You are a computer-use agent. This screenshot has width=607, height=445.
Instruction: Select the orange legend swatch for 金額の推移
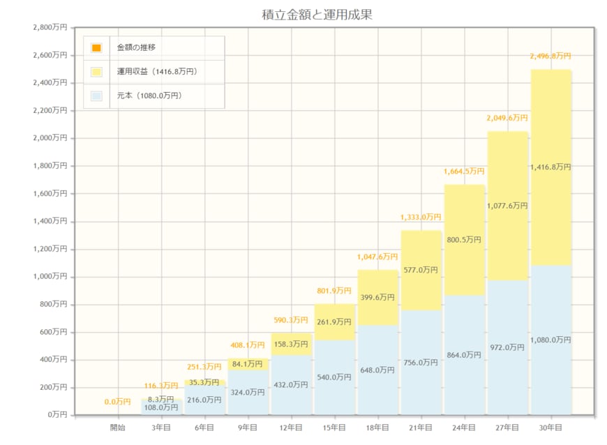coord(96,48)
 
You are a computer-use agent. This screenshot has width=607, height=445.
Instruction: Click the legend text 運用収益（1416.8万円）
coord(157,72)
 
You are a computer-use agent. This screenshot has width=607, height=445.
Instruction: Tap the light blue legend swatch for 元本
coord(96,96)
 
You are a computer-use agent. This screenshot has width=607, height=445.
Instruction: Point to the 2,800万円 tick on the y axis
coord(50,28)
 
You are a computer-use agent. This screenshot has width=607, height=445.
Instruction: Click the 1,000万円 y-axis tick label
coord(50,277)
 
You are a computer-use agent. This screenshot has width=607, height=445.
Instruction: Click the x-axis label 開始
coord(118,427)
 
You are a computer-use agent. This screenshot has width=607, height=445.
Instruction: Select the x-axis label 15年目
coord(334,427)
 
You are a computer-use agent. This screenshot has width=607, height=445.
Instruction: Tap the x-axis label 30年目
coord(550,427)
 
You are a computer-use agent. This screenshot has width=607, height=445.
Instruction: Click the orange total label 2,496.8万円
coord(550,56)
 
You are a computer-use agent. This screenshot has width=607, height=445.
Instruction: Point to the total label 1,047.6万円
coord(377,256)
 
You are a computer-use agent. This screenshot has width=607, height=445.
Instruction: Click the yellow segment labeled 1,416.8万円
coord(550,167)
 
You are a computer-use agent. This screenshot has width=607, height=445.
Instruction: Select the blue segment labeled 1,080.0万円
coord(550,340)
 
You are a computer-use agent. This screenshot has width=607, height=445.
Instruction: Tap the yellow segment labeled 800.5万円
coord(464,240)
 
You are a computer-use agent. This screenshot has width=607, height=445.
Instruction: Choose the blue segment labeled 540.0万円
coord(334,377)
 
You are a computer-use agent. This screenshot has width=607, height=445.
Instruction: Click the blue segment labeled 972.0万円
coord(507,347)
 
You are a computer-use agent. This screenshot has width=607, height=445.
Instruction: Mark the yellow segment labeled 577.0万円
coord(421,271)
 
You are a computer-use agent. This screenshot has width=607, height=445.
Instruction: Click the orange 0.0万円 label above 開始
coord(118,402)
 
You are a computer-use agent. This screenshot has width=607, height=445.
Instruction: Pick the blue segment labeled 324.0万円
coord(248,393)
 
